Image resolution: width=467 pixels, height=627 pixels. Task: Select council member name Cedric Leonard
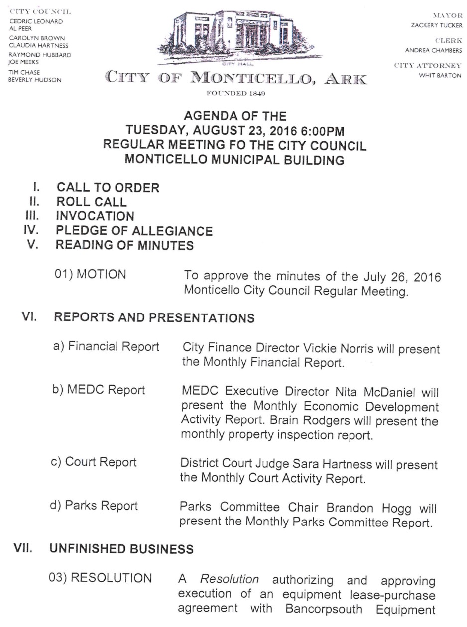tap(36, 22)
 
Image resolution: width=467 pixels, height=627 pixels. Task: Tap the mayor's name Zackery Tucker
tap(436, 26)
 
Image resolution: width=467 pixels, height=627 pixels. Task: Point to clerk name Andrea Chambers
tap(433, 50)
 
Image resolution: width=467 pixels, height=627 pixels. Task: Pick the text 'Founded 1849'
tap(236, 94)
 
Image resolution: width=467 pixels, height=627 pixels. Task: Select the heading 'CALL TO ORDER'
tap(108, 188)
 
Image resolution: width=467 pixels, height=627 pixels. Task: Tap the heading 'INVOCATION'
tap(95, 216)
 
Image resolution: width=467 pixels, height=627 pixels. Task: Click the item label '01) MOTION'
tap(91, 274)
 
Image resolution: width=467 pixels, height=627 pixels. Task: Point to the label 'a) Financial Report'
tap(107, 347)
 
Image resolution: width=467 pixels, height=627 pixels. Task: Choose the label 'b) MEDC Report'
tap(99, 390)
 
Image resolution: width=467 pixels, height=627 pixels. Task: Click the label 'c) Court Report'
tap(94, 462)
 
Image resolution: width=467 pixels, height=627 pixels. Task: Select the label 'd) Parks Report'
tap(94, 506)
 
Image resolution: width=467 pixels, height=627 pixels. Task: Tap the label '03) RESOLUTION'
tap(100, 578)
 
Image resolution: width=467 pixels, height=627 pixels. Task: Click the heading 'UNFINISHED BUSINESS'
tap(121, 549)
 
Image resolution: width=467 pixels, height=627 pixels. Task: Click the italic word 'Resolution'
tap(230, 579)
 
